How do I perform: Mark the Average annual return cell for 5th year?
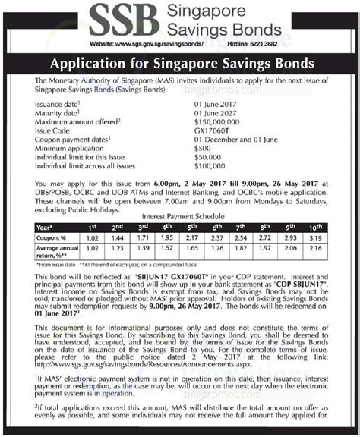coord(192,249)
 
